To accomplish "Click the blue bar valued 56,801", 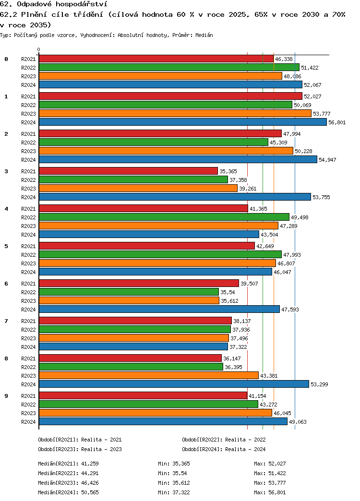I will coord(182,122).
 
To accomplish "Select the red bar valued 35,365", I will coord(128,171).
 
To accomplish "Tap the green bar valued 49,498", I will coord(164,217).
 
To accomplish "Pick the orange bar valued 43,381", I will coord(148,375).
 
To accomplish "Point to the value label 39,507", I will coord(249,284).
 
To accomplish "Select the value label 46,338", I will coord(284,59).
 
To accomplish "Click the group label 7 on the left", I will coord(6,321).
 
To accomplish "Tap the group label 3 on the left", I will coord(6,171).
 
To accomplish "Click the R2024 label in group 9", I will coord(29,422).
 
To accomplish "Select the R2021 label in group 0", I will coord(29,59).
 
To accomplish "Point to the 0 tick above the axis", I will coord(39,49).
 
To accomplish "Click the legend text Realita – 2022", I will coord(245,440).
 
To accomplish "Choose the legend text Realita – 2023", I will coord(101,449).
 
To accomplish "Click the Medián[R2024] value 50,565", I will coord(90,492).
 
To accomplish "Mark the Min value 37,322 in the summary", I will coord(181,492).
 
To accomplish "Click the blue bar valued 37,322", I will coord(133,346).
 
